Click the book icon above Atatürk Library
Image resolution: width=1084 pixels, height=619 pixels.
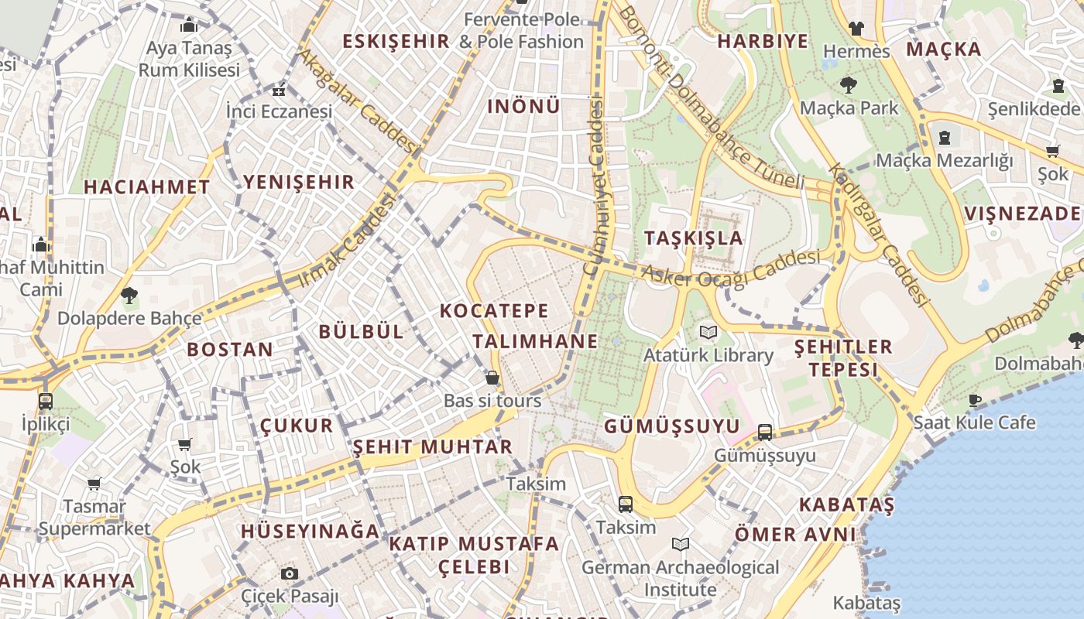pos(708,333)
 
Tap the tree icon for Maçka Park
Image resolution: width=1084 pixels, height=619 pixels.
pos(849,85)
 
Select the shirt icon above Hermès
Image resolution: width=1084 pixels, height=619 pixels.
pos(856,29)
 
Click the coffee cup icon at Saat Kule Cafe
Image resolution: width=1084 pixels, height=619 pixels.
pos(974,400)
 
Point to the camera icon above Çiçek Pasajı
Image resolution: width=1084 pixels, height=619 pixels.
pos(290,573)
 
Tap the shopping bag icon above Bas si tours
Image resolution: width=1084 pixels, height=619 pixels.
pos(492,378)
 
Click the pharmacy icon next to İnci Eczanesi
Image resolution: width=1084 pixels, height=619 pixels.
pos(279,91)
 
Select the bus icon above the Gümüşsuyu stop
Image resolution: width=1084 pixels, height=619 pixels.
pos(765,433)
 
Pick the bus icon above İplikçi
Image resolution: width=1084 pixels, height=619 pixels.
pos(46,402)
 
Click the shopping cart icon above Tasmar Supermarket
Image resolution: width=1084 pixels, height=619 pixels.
pos(94,484)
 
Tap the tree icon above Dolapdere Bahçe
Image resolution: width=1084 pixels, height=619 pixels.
pos(129,295)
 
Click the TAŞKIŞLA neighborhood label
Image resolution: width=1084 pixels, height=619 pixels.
pos(693,238)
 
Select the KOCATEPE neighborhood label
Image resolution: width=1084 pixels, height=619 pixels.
pos(494,311)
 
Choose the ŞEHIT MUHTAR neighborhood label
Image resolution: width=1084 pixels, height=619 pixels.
pos(432,446)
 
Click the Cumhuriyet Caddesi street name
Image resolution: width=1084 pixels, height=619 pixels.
pos(595,186)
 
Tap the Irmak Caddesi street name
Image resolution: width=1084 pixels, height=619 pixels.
pos(346,241)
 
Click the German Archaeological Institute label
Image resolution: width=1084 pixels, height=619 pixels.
pos(680,578)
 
